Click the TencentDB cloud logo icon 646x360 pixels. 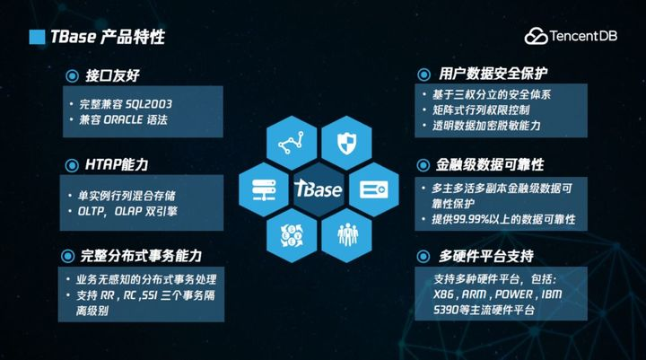536,36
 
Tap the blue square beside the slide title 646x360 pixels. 37,37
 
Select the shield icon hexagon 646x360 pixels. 346,143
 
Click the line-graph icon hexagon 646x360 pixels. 292,143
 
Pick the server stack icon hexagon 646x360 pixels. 264,189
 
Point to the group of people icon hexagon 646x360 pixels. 346,235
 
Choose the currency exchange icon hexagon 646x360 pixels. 292,235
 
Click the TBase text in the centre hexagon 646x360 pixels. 318,189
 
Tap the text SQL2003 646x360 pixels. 149,104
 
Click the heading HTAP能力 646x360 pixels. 117,165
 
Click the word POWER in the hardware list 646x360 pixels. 514,294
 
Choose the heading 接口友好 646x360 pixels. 112,76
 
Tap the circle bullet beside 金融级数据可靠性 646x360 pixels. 423,165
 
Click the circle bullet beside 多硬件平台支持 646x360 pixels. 423,257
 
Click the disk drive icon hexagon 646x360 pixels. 374,189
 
